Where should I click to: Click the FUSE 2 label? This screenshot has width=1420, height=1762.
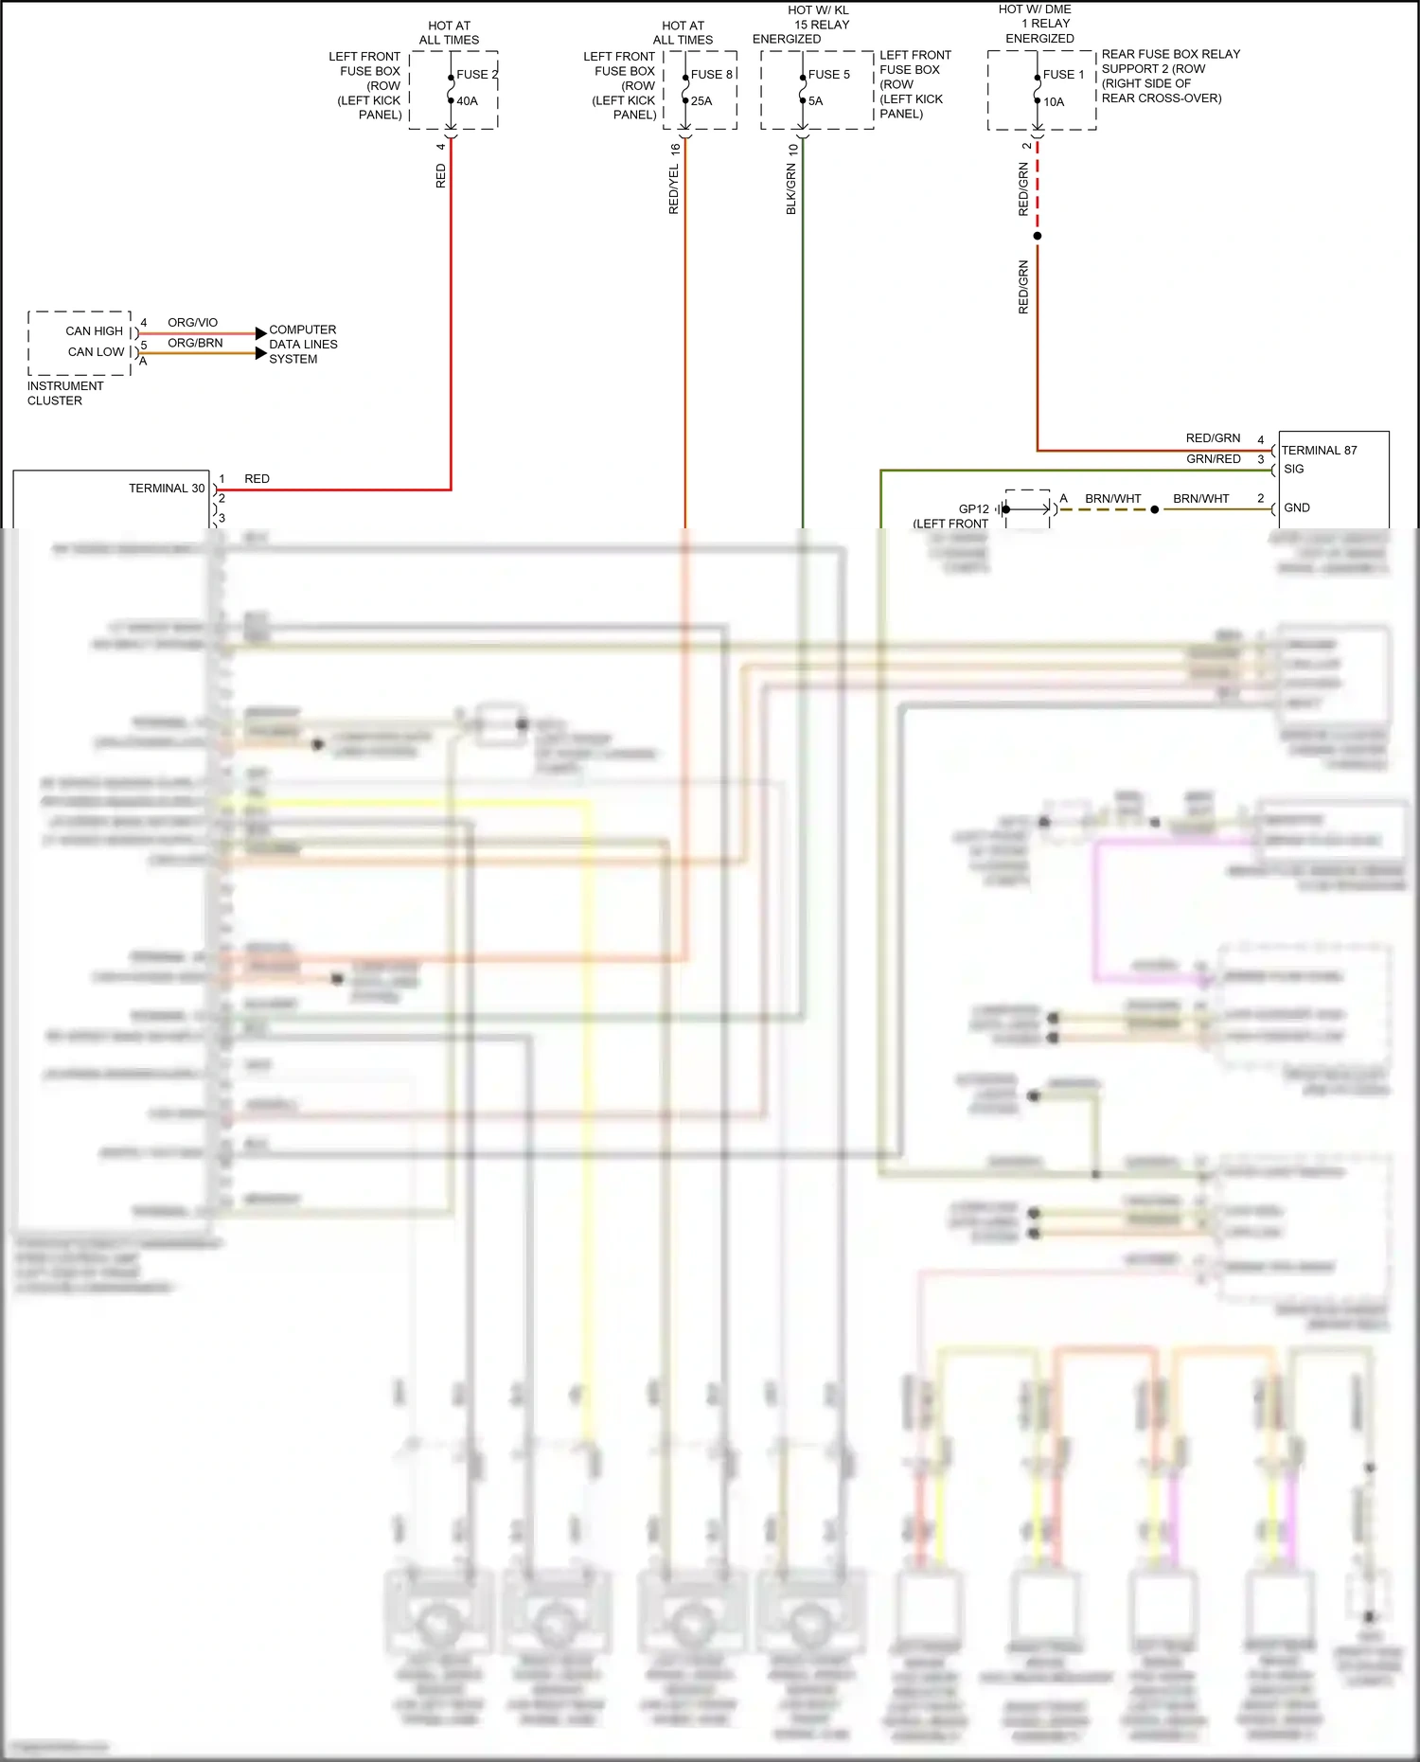click(x=476, y=75)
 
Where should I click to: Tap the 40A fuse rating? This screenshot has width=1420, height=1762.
click(x=468, y=101)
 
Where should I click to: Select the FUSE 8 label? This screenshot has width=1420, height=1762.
click(x=711, y=75)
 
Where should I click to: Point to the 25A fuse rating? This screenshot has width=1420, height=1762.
click(x=701, y=101)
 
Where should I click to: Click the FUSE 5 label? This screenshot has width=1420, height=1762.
click(x=828, y=75)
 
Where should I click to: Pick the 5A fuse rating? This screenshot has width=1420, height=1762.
click(x=816, y=101)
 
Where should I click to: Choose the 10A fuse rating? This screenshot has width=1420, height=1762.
click(x=1054, y=102)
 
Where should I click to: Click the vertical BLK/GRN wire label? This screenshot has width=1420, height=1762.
click(x=791, y=189)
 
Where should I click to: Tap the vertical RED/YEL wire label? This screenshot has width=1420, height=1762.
click(x=674, y=189)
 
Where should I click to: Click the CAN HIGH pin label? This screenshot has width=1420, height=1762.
click(x=94, y=331)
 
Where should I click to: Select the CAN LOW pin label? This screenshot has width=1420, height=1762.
click(x=96, y=352)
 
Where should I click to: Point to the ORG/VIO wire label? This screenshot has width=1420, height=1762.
click(x=192, y=323)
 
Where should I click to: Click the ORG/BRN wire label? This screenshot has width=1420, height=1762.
click(x=195, y=343)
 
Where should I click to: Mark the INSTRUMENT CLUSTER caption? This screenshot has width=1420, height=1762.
click(x=64, y=393)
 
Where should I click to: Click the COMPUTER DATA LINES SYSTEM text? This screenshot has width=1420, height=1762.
click(x=303, y=345)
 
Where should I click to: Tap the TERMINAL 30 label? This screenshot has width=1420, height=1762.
click(x=167, y=489)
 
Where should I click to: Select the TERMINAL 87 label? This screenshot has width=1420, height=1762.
click(x=1319, y=451)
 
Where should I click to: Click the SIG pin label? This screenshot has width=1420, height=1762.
click(x=1294, y=469)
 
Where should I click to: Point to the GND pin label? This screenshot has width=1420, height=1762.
click(x=1297, y=508)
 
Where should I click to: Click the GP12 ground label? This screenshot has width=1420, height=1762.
click(x=973, y=509)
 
